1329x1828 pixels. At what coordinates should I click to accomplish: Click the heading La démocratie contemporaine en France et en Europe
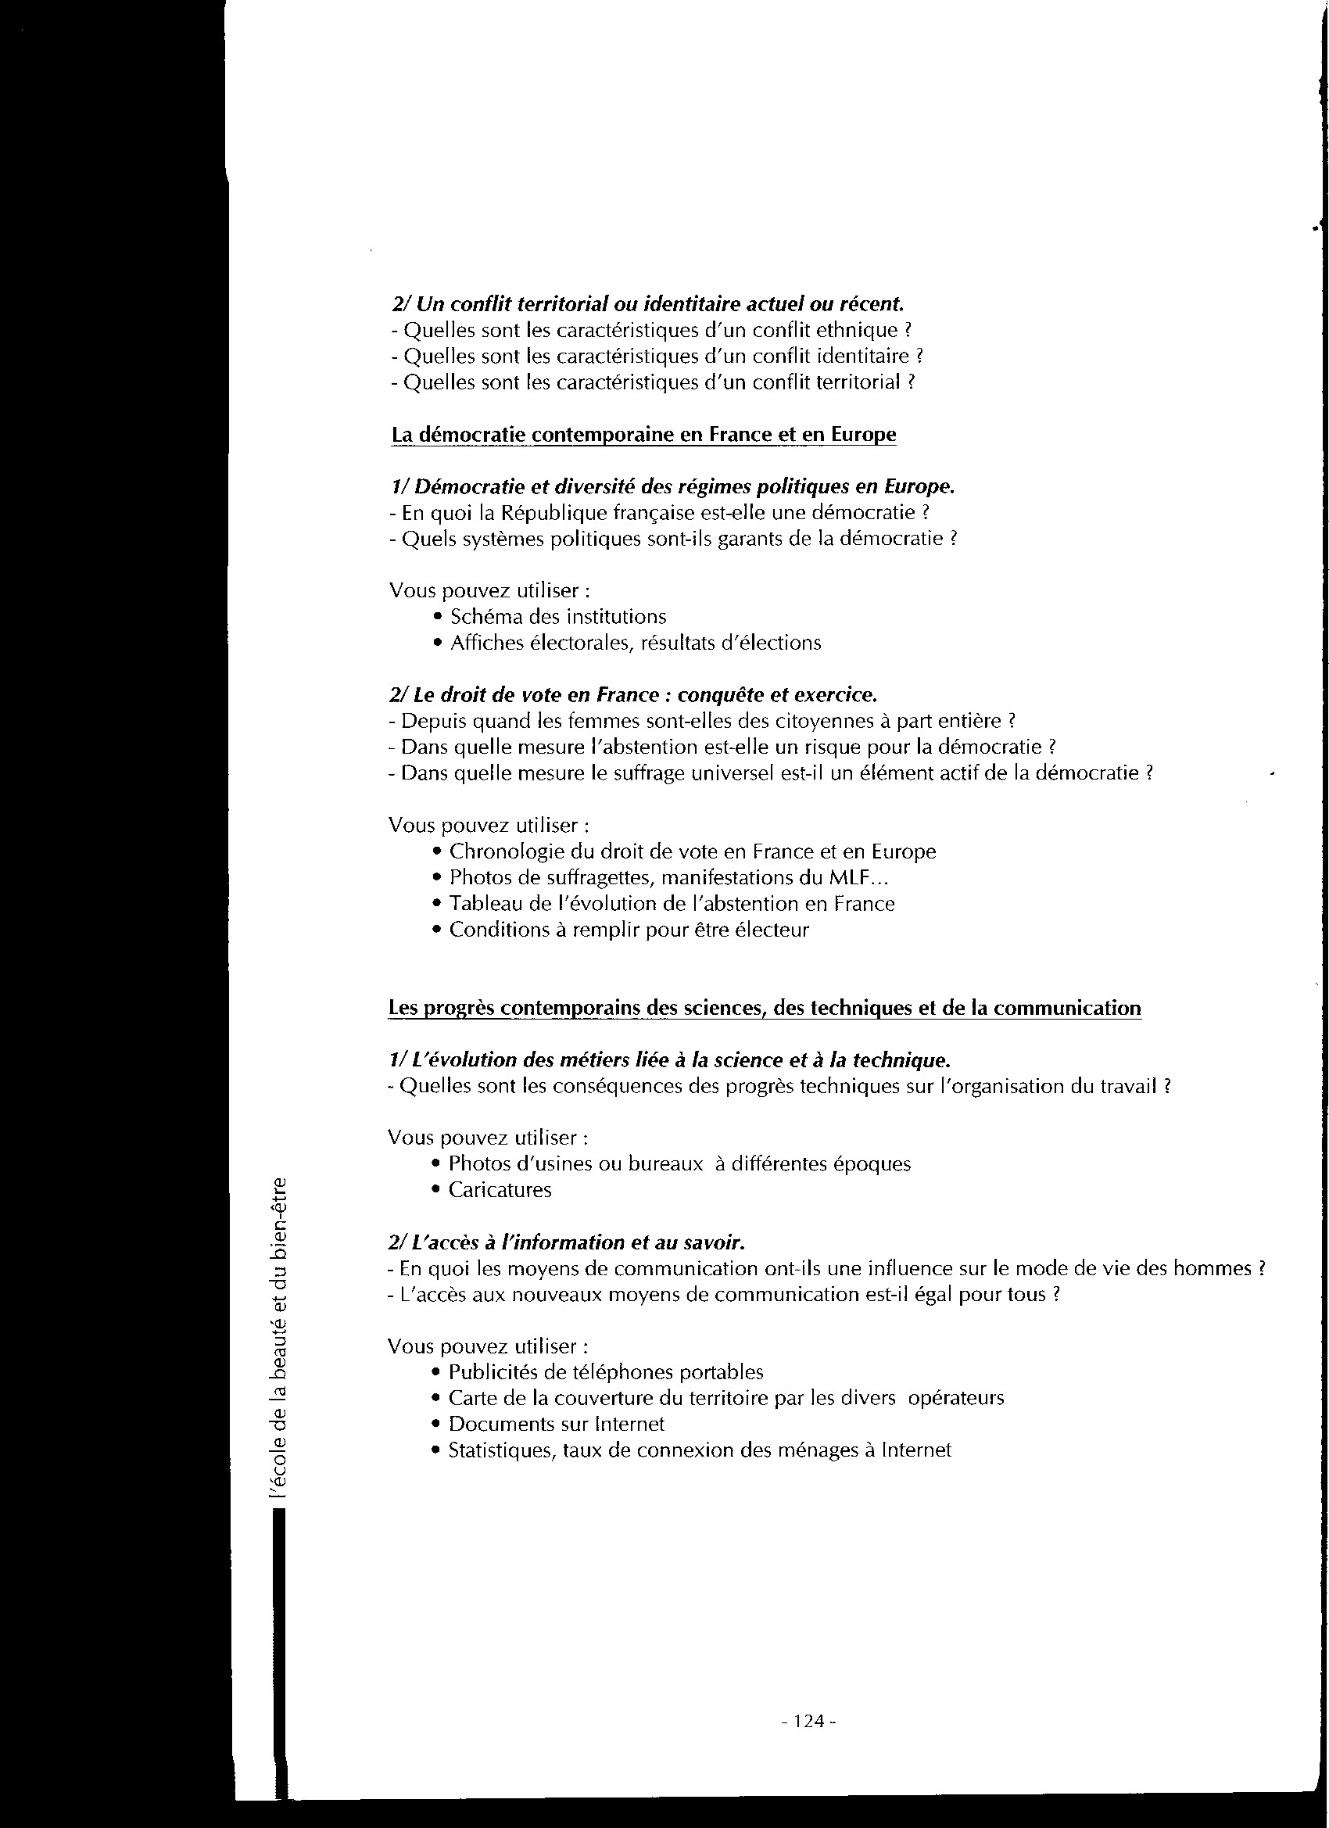(643, 435)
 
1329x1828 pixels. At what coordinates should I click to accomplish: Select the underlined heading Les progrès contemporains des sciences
(764, 1009)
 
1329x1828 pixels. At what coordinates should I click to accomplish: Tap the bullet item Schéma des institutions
(557, 618)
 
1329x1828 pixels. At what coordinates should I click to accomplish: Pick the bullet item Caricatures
(500, 1191)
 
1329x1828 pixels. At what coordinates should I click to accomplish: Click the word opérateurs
(956, 1399)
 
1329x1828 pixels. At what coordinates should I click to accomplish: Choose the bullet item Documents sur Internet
(556, 1425)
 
